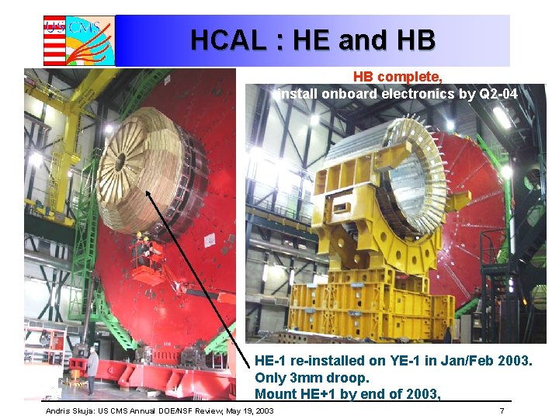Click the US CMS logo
tap(78, 40)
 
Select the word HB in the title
tap(415, 40)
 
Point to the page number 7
tap(502, 410)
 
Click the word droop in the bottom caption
tap(348, 378)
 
